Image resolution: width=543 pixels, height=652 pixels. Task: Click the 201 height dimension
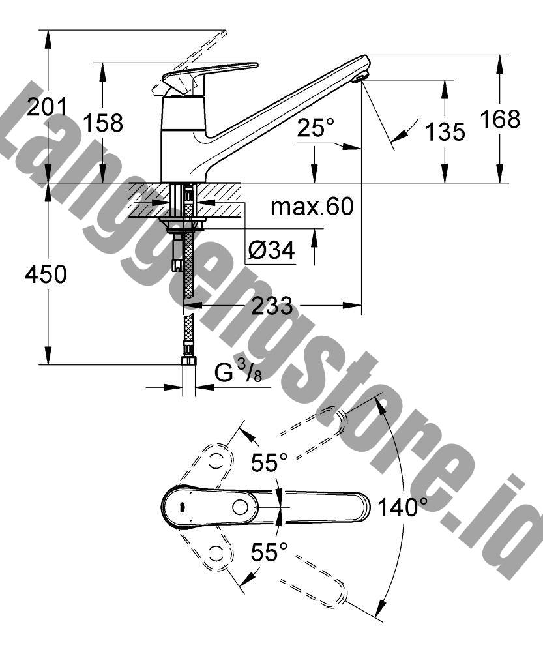coord(46,108)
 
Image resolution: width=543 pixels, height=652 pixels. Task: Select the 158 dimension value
coord(103,123)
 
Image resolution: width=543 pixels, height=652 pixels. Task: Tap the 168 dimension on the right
coord(500,119)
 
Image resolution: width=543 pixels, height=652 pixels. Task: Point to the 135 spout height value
coord(445,132)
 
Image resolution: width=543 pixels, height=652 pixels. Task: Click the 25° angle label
coord(316,127)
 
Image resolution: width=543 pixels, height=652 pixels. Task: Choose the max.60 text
coord(312,207)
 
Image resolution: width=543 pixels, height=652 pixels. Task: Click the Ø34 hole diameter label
coord(271,250)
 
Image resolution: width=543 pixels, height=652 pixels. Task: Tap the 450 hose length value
coord(46,274)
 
